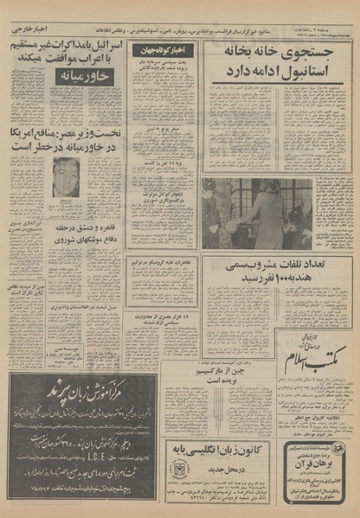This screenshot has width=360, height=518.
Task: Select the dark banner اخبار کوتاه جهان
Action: coord(164,50)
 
